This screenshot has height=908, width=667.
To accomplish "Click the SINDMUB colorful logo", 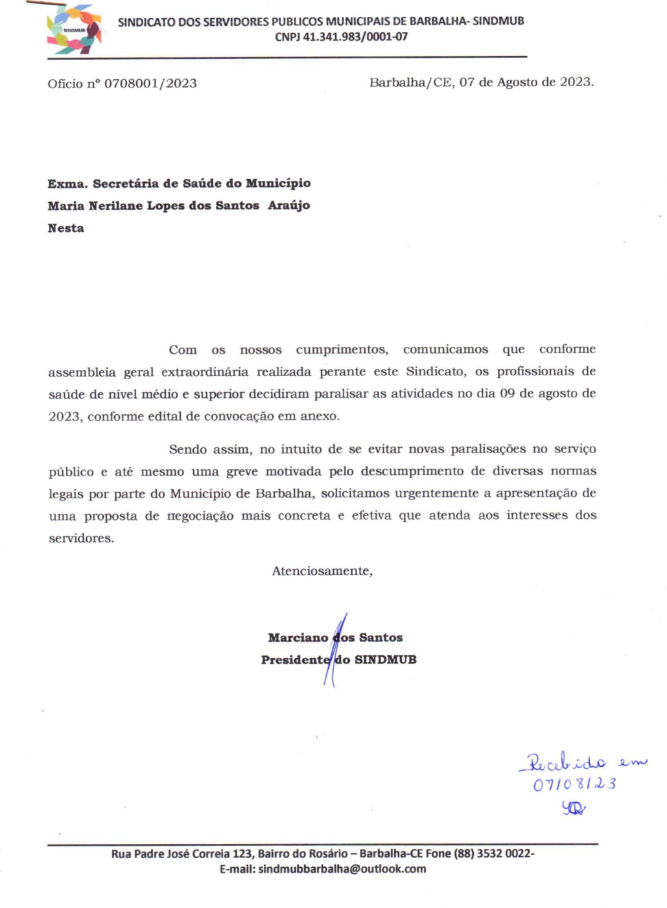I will pyautogui.click(x=74, y=30).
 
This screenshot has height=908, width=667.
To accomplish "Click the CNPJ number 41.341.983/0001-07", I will pyautogui.click(x=355, y=37).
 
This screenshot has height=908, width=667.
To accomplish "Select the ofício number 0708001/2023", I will pyautogui.click(x=150, y=84).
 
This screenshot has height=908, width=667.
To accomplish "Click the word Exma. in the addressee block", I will pyautogui.click(x=67, y=183).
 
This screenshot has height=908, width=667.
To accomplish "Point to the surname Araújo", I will pyautogui.click(x=288, y=205).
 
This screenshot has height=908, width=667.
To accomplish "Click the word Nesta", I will pyautogui.click(x=65, y=228).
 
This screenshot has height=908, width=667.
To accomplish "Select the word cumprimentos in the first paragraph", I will pyautogui.click(x=342, y=350).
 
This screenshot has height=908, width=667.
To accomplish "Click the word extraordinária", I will pyautogui.click(x=204, y=372).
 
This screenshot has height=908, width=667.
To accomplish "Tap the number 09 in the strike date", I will pyautogui.click(x=507, y=394).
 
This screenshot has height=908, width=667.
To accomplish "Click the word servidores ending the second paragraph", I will pyautogui.click(x=80, y=539).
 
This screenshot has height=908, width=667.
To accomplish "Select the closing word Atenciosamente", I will pyautogui.click(x=322, y=571).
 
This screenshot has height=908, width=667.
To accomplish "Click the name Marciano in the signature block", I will pyautogui.click(x=298, y=638).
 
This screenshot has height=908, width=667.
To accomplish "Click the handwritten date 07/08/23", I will pyautogui.click(x=574, y=784).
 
